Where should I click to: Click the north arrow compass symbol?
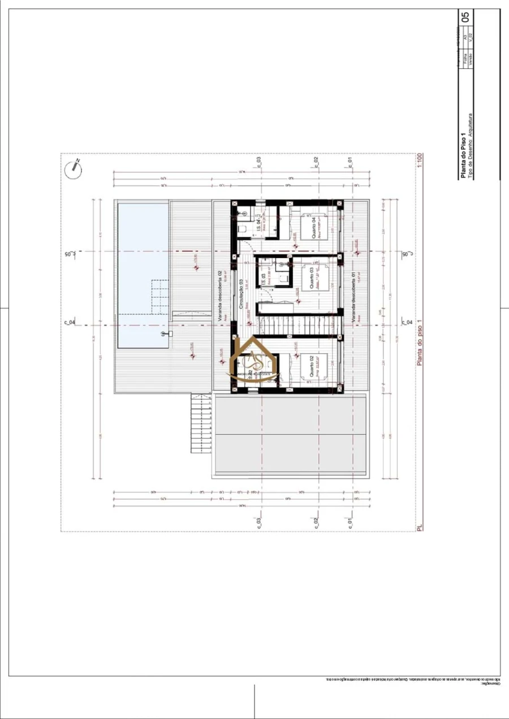[73, 167]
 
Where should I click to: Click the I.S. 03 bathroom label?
[264, 277]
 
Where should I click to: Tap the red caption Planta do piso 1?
[420, 344]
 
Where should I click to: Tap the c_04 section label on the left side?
[69, 323]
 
